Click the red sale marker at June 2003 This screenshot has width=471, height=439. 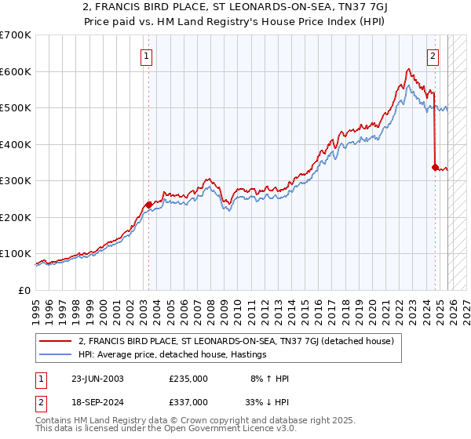click(x=148, y=205)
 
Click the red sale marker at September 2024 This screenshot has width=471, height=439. click(x=435, y=167)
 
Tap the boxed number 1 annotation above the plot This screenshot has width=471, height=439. click(x=148, y=56)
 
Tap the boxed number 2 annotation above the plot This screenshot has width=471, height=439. click(x=433, y=56)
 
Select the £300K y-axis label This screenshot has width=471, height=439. click(x=16, y=181)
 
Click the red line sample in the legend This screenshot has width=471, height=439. click(x=57, y=341)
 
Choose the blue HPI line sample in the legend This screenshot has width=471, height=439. click(x=57, y=354)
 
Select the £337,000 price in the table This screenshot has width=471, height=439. click(x=188, y=401)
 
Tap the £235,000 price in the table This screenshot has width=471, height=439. click(x=188, y=379)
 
